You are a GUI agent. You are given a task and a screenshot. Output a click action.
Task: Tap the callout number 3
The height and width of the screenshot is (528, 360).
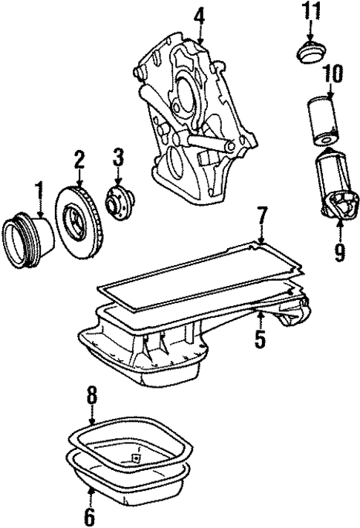pyautogui.click(x=117, y=157)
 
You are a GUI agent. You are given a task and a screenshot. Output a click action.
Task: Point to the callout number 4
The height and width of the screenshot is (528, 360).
pyautogui.click(x=199, y=15)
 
